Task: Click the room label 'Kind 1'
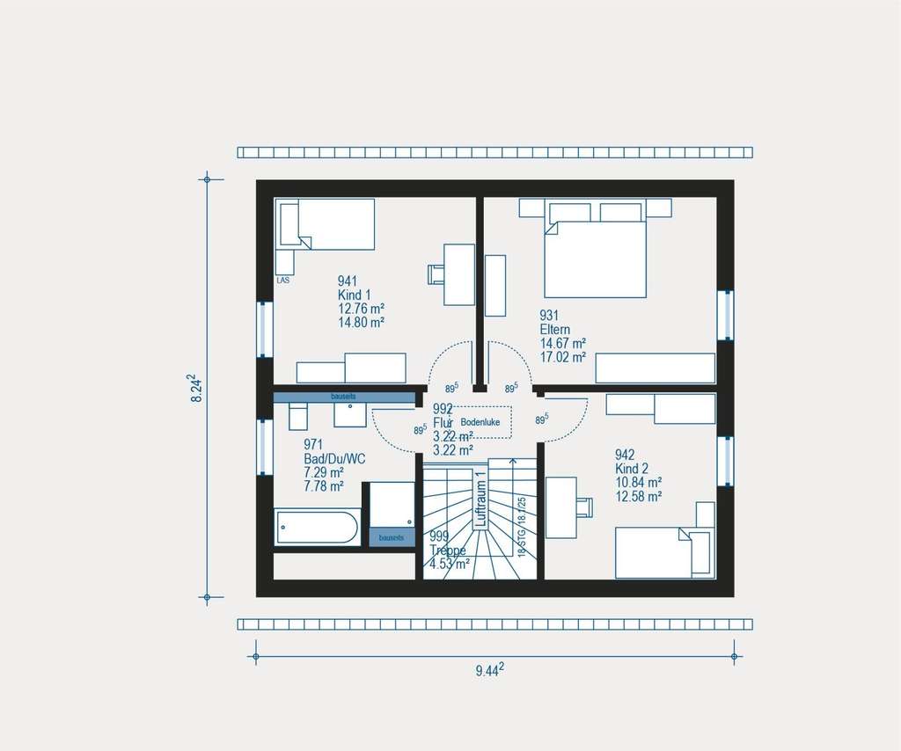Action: (355, 295)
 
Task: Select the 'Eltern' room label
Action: (556, 330)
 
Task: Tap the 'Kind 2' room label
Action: (632, 469)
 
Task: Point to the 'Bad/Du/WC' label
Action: (333, 458)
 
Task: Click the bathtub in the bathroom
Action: (317, 527)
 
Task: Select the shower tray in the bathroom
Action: (392, 505)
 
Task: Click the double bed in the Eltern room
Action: (595, 259)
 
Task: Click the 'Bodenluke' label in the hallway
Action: (480, 422)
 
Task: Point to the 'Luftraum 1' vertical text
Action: (480, 499)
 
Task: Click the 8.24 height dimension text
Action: (198, 389)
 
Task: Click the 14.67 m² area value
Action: (563, 344)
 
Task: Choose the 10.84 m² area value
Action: (639, 482)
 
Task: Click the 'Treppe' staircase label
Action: (448, 550)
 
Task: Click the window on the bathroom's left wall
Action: (265, 447)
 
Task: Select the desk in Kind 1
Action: (459, 273)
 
